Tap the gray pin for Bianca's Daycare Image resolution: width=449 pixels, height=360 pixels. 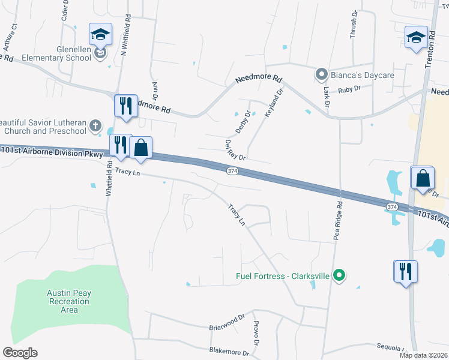pos(321,75)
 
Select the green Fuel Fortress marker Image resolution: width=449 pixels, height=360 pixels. pos(339,276)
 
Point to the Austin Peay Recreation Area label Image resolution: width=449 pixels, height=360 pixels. pos(70,301)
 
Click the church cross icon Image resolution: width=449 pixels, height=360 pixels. pos(95,125)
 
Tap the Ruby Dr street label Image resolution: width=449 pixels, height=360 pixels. pos(349,89)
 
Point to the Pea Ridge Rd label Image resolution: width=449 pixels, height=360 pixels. pos(339,220)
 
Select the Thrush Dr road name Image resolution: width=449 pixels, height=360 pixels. pos(354,24)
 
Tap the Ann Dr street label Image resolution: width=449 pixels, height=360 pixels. pos(155,91)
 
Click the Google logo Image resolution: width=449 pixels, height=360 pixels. pos(20,353)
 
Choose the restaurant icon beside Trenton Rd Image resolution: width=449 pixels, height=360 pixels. pos(406,271)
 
